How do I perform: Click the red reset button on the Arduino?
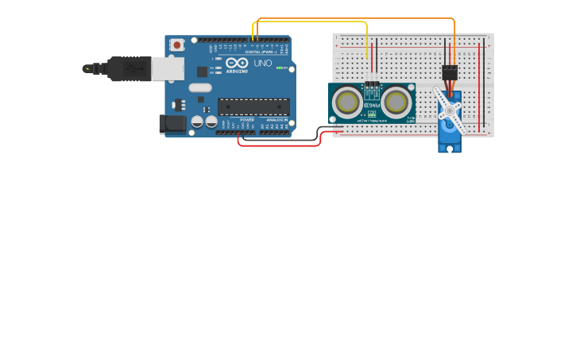click(176, 45)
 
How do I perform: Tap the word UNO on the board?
click(263, 63)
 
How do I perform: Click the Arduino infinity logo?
click(237, 62)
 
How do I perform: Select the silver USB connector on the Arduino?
click(168, 68)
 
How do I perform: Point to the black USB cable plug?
click(127, 69)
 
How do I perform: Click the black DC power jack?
click(172, 123)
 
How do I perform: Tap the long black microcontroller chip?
click(253, 106)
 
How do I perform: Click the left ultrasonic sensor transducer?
click(348, 102)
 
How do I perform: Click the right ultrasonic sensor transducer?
click(396, 102)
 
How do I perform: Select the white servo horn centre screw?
click(450, 110)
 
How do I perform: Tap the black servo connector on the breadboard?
click(450, 72)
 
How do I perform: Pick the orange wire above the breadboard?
click(358, 17)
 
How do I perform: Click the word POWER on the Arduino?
click(247, 120)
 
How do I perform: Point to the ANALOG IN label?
click(277, 120)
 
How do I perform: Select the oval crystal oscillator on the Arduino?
click(200, 87)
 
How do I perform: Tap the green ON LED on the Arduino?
click(279, 68)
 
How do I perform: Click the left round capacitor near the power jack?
click(198, 122)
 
